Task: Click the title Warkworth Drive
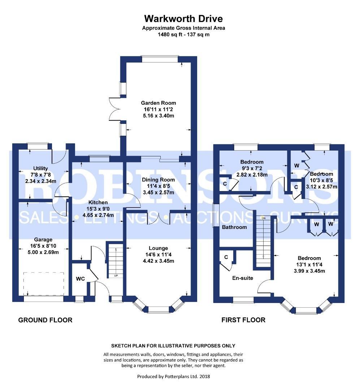pyautogui.click(x=183, y=19)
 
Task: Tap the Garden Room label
pyautogui.click(x=159, y=103)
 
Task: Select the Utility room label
pyautogui.click(x=40, y=169)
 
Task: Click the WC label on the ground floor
pyautogui.click(x=81, y=279)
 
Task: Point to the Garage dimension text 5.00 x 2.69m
pyautogui.click(x=43, y=252)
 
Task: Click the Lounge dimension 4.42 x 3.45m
pyautogui.click(x=159, y=261)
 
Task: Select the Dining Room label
pyautogui.click(x=159, y=179)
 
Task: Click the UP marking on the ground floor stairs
pyautogui.click(x=116, y=276)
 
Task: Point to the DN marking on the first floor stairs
pyautogui.click(x=264, y=218)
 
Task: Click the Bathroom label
pyautogui.click(x=234, y=227)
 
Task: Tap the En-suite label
pyautogui.click(x=243, y=278)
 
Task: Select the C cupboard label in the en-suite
pyautogui.click(x=226, y=257)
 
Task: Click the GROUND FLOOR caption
pyautogui.click(x=45, y=320)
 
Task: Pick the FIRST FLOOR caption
pyautogui.click(x=243, y=320)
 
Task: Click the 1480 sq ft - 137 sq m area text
pyautogui.click(x=183, y=35)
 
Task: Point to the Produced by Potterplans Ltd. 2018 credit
pyautogui.click(x=173, y=377)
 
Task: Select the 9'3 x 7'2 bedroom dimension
pyautogui.click(x=252, y=168)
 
